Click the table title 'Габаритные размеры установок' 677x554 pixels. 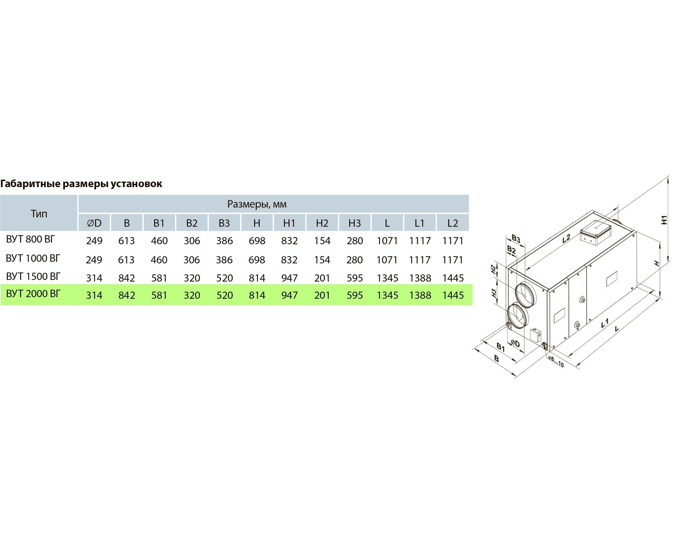point(81,184)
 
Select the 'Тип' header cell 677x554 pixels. point(39,214)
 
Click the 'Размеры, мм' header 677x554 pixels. point(257,204)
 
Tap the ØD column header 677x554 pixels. point(94,223)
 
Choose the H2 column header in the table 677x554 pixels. point(322,223)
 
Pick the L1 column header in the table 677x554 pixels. point(420,223)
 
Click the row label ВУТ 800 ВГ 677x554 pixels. point(31,239)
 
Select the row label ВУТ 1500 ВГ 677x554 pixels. point(33,276)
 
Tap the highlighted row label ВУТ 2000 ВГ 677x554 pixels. point(33,294)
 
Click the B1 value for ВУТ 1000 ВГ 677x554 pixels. point(159,260)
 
